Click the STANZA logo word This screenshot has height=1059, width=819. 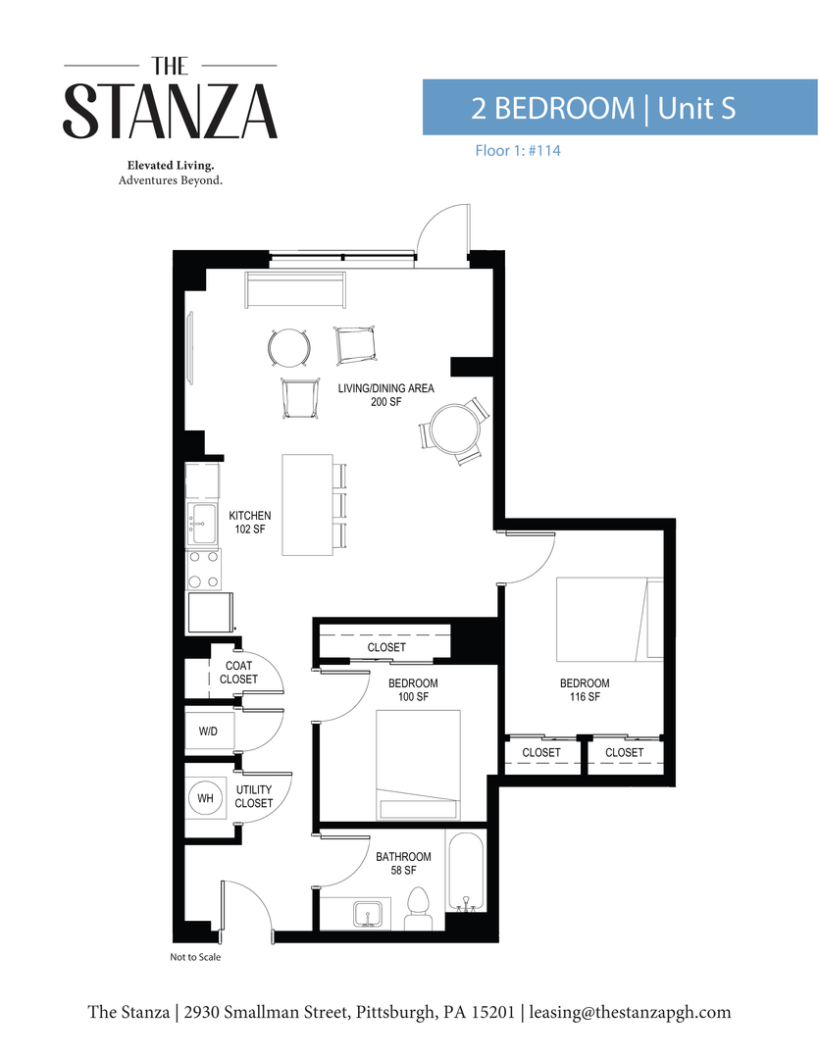tap(171, 111)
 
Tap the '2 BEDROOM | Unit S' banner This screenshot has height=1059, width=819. tap(619, 108)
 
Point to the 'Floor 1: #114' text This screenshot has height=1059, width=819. tap(510, 151)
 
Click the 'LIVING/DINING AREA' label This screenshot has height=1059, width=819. tap(385, 395)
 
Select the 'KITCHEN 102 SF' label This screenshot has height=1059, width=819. tap(250, 522)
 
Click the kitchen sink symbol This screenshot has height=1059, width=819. tap(203, 524)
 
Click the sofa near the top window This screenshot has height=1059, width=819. tap(295, 290)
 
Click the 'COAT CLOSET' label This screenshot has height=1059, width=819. tap(238, 673)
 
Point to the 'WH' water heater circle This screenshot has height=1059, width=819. tap(205, 799)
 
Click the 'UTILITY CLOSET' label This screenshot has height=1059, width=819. tap(254, 796)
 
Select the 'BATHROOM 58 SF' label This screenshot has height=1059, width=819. tap(403, 863)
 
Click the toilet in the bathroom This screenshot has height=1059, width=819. tap(420, 908)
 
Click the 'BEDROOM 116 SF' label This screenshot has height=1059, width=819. tap(585, 690)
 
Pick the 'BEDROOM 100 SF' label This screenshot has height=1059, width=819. tap(413, 690)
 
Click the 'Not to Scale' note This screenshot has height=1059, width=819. tap(195, 957)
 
